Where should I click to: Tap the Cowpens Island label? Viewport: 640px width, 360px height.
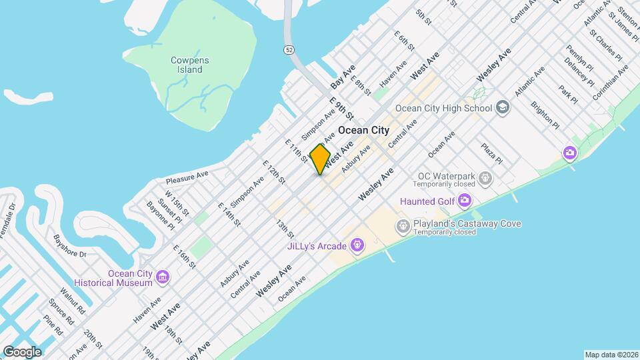coord(190,65)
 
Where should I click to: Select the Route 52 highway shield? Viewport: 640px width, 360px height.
coord(288,49)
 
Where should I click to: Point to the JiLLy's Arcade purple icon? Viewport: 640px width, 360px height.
coord(357,245)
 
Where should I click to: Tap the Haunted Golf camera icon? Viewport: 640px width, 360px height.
coord(465,201)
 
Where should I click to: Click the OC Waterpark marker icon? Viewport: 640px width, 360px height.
coord(485,178)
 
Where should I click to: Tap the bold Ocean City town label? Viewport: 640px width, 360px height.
coord(364,130)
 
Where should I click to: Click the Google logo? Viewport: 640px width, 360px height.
coord(22,351)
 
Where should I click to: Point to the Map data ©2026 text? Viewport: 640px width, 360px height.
coord(611,355)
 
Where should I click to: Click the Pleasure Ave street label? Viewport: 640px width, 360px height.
coord(187,177)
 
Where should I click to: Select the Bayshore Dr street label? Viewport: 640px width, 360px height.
coord(70,246)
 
